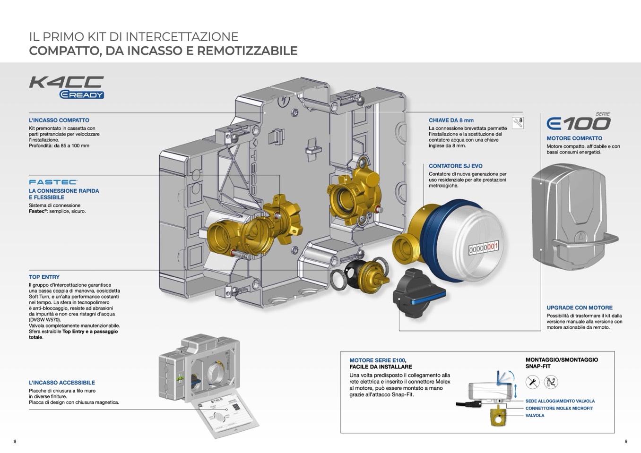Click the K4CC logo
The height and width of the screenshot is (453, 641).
coord(66,82)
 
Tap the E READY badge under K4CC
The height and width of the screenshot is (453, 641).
coord(81,95)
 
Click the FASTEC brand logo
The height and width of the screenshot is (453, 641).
coord(53,182)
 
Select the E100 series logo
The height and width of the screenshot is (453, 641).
coord(578,123)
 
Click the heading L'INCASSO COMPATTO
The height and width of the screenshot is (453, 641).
coord(59,120)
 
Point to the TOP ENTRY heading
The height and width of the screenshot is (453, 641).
coord(44,277)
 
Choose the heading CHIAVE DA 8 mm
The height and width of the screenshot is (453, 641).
coord(451,120)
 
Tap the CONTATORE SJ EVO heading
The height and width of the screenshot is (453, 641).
coord(455,166)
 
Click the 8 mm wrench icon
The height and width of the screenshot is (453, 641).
coord(518,122)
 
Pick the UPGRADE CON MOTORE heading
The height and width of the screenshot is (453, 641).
coord(579,308)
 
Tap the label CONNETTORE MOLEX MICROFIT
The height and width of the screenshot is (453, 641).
coord(559,409)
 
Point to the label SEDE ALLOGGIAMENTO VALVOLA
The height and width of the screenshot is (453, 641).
coord(560,401)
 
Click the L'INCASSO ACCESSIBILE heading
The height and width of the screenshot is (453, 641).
coord(62,383)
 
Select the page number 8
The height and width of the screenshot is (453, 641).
coord(15,442)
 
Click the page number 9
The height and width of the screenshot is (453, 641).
coord(626,442)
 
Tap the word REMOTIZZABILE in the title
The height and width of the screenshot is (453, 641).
coord(247,51)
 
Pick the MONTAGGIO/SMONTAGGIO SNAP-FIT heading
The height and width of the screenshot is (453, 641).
coord(562,363)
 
